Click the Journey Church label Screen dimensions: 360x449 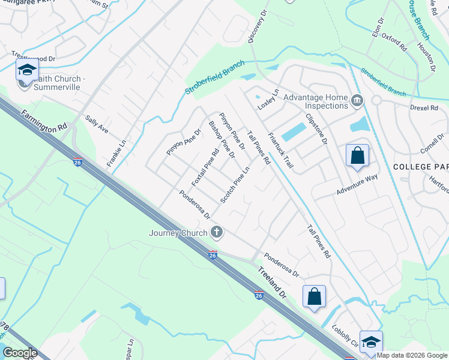(x=178, y=233)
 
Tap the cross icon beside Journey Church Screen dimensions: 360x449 (x=217, y=232)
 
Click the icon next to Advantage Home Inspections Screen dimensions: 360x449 (x=357, y=100)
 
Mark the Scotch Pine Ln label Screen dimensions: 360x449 (x=235, y=184)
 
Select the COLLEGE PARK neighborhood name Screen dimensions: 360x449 (x=421, y=166)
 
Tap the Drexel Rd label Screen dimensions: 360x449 (x=426, y=108)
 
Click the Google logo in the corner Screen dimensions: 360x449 (x=20, y=353)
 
